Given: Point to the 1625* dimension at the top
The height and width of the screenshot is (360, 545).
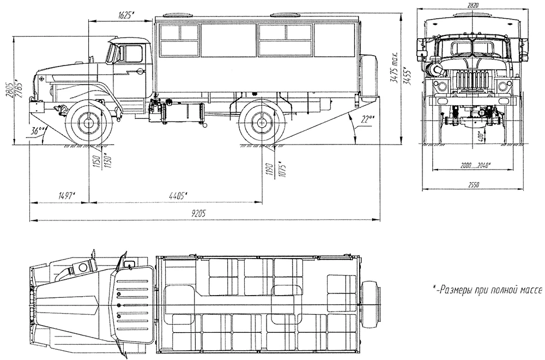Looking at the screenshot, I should click(125, 15).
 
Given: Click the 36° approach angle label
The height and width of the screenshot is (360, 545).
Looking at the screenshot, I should click(38, 131).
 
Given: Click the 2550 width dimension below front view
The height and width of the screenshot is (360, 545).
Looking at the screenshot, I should click(472, 185).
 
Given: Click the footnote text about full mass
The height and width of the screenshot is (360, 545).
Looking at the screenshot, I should click(487, 289).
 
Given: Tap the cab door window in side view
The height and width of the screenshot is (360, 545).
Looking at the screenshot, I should click(132, 53).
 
